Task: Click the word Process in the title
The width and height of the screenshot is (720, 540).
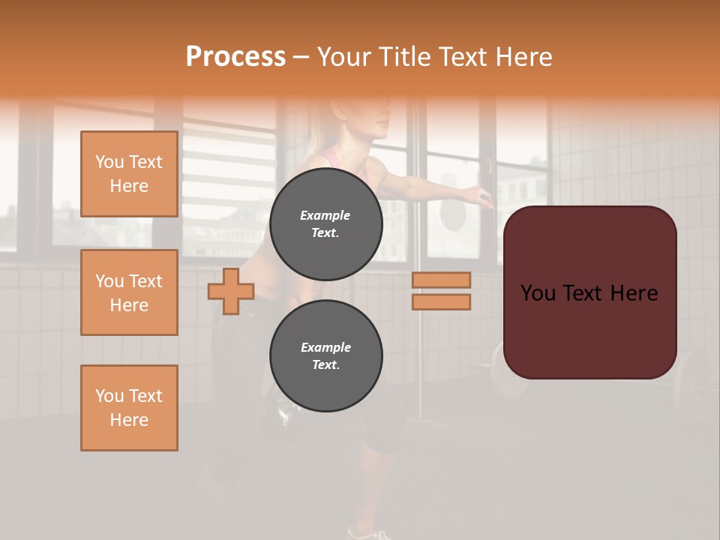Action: click(x=235, y=56)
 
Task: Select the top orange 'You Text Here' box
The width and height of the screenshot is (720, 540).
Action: click(x=129, y=174)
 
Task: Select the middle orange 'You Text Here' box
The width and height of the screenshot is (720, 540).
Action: click(x=129, y=292)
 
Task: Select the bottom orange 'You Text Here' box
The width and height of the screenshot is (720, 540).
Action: click(x=129, y=408)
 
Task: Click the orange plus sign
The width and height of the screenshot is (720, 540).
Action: click(x=231, y=291)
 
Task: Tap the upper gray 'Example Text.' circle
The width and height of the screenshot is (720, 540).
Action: click(x=325, y=224)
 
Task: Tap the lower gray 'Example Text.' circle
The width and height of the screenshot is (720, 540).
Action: click(x=325, y=355)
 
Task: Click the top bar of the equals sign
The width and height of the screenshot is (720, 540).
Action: click(x=441, y=280)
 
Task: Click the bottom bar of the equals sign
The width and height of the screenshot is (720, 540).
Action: click(x=441, y=301)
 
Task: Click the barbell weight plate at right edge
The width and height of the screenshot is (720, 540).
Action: click(x=694, y=382)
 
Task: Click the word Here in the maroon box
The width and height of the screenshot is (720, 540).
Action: click(x=633, y=293)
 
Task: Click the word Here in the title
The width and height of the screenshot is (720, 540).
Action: click(x=523, y=56)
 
